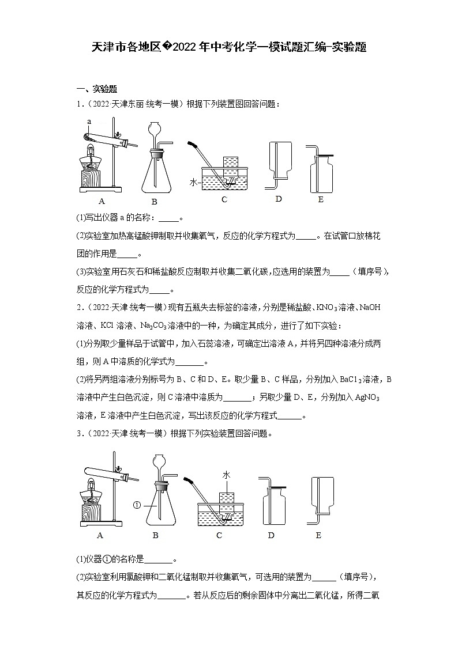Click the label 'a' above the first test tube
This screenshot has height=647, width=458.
89,122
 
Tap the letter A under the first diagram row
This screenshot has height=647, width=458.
102,201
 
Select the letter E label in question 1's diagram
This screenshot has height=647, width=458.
321,199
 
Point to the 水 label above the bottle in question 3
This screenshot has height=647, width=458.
227,474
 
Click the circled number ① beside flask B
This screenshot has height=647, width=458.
137,506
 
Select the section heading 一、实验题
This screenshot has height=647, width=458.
97,89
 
